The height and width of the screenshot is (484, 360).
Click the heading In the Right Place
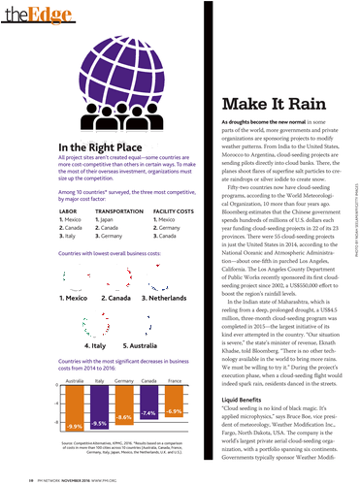pos(88,146)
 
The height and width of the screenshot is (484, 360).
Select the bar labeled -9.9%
pos(74,408)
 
